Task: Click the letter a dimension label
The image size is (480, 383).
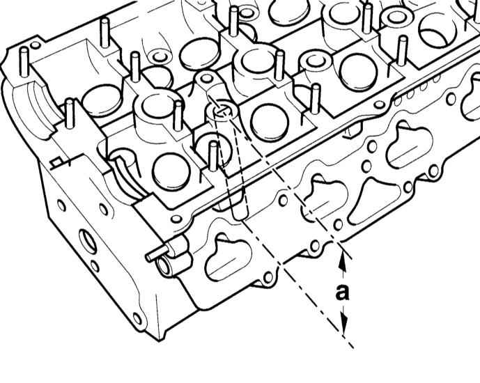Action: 342,292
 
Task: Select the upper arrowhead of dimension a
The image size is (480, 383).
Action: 343,263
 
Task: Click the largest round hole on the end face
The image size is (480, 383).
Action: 88,241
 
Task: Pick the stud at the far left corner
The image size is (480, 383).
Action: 24,61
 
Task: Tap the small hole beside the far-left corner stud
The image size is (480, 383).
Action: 36,45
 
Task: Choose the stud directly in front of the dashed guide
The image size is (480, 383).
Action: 212,156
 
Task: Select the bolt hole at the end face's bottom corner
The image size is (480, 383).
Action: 137,319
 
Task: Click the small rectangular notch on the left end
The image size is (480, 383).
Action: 56,162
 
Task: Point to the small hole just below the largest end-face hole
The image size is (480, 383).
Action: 95,266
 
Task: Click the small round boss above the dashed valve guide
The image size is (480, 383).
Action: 207,78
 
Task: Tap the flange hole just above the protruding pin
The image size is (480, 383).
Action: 176,219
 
